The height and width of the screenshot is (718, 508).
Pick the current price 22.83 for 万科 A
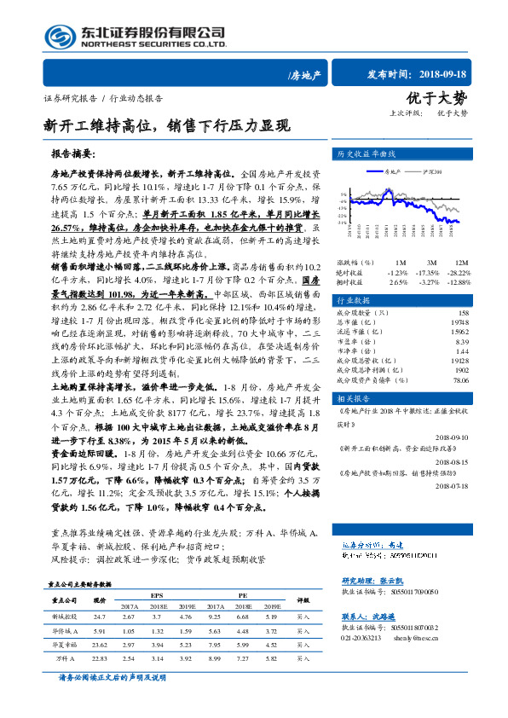pos(100,657)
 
